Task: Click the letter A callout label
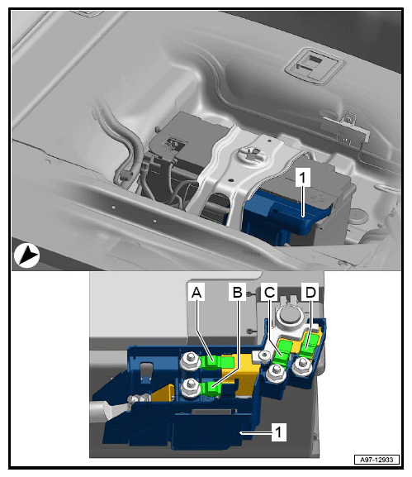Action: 197,292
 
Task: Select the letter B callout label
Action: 237,292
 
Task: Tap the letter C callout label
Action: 269,292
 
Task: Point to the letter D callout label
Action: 310,292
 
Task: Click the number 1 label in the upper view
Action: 303,177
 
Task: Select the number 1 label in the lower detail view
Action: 279,432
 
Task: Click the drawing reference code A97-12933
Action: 376,460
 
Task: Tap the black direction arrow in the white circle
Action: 26,255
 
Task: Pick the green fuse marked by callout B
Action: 211,389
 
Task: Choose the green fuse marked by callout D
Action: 309,346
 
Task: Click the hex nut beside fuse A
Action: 190,360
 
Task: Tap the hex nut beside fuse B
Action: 190,388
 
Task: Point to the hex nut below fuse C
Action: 275,372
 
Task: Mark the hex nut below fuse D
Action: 302,365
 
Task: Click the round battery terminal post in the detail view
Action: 288,314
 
